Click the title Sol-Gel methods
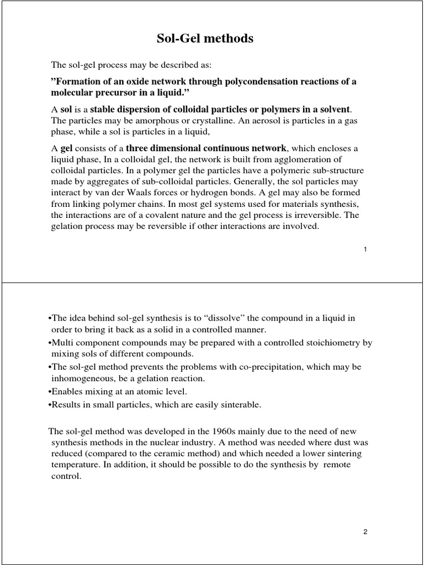[x=211, y=39]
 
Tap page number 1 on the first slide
[x=365, y=249]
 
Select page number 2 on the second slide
[x=365, y=532]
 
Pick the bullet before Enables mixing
[x=50, y=392]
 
